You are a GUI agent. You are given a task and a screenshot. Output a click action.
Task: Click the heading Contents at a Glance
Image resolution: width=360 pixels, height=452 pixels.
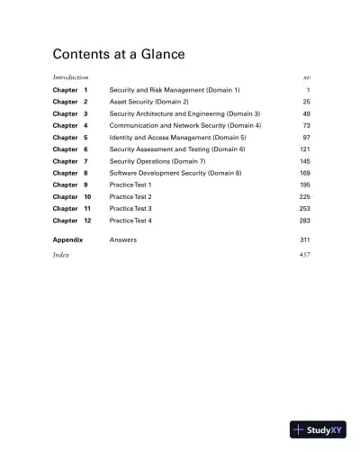(x=118, y=54)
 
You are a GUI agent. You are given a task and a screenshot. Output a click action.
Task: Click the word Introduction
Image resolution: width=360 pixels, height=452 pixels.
(x=70, y=78)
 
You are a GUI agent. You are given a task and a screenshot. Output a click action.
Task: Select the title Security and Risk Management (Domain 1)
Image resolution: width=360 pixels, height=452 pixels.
(x=175, y=91)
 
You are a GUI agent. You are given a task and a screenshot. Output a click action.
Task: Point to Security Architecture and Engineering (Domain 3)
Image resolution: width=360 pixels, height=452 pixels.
(x=184, y=114)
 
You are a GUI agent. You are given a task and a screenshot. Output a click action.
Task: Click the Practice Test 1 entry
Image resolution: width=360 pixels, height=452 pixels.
(x=130, y=185)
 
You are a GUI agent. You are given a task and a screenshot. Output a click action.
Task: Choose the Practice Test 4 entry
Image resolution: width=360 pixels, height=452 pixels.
(x=130, y=220)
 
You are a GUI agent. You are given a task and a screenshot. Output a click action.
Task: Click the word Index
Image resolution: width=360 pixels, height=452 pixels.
(x=61, y=256)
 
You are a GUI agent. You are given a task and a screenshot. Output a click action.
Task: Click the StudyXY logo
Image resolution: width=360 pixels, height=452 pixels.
(x=318, y=429)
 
